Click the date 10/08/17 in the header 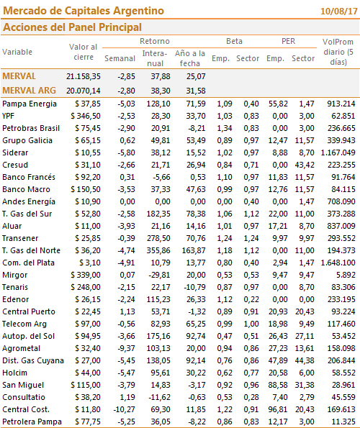click(338, 12)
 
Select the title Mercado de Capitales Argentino click(84, 11)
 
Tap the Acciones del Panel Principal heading click(72, 27)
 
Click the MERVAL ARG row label click(29, 91)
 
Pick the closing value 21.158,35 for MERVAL click(84, 76)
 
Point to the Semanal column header click(120, 58)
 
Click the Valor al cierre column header click(84, 52)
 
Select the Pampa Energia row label click(30, 104)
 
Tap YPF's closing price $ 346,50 click(86, 116)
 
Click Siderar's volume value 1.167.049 click(338, 152)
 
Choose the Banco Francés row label click(29, 177)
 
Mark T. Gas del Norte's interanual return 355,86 click(158, 250)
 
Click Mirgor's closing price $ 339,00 click(86, 275)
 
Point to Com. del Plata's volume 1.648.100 click(338, 263)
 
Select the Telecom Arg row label click(24, 324)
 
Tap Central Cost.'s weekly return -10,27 click(125, 409)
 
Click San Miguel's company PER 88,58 click(278, 385)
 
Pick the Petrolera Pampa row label click(32, 422)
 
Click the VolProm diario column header click(338, 52)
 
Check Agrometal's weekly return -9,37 click(126, 348)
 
